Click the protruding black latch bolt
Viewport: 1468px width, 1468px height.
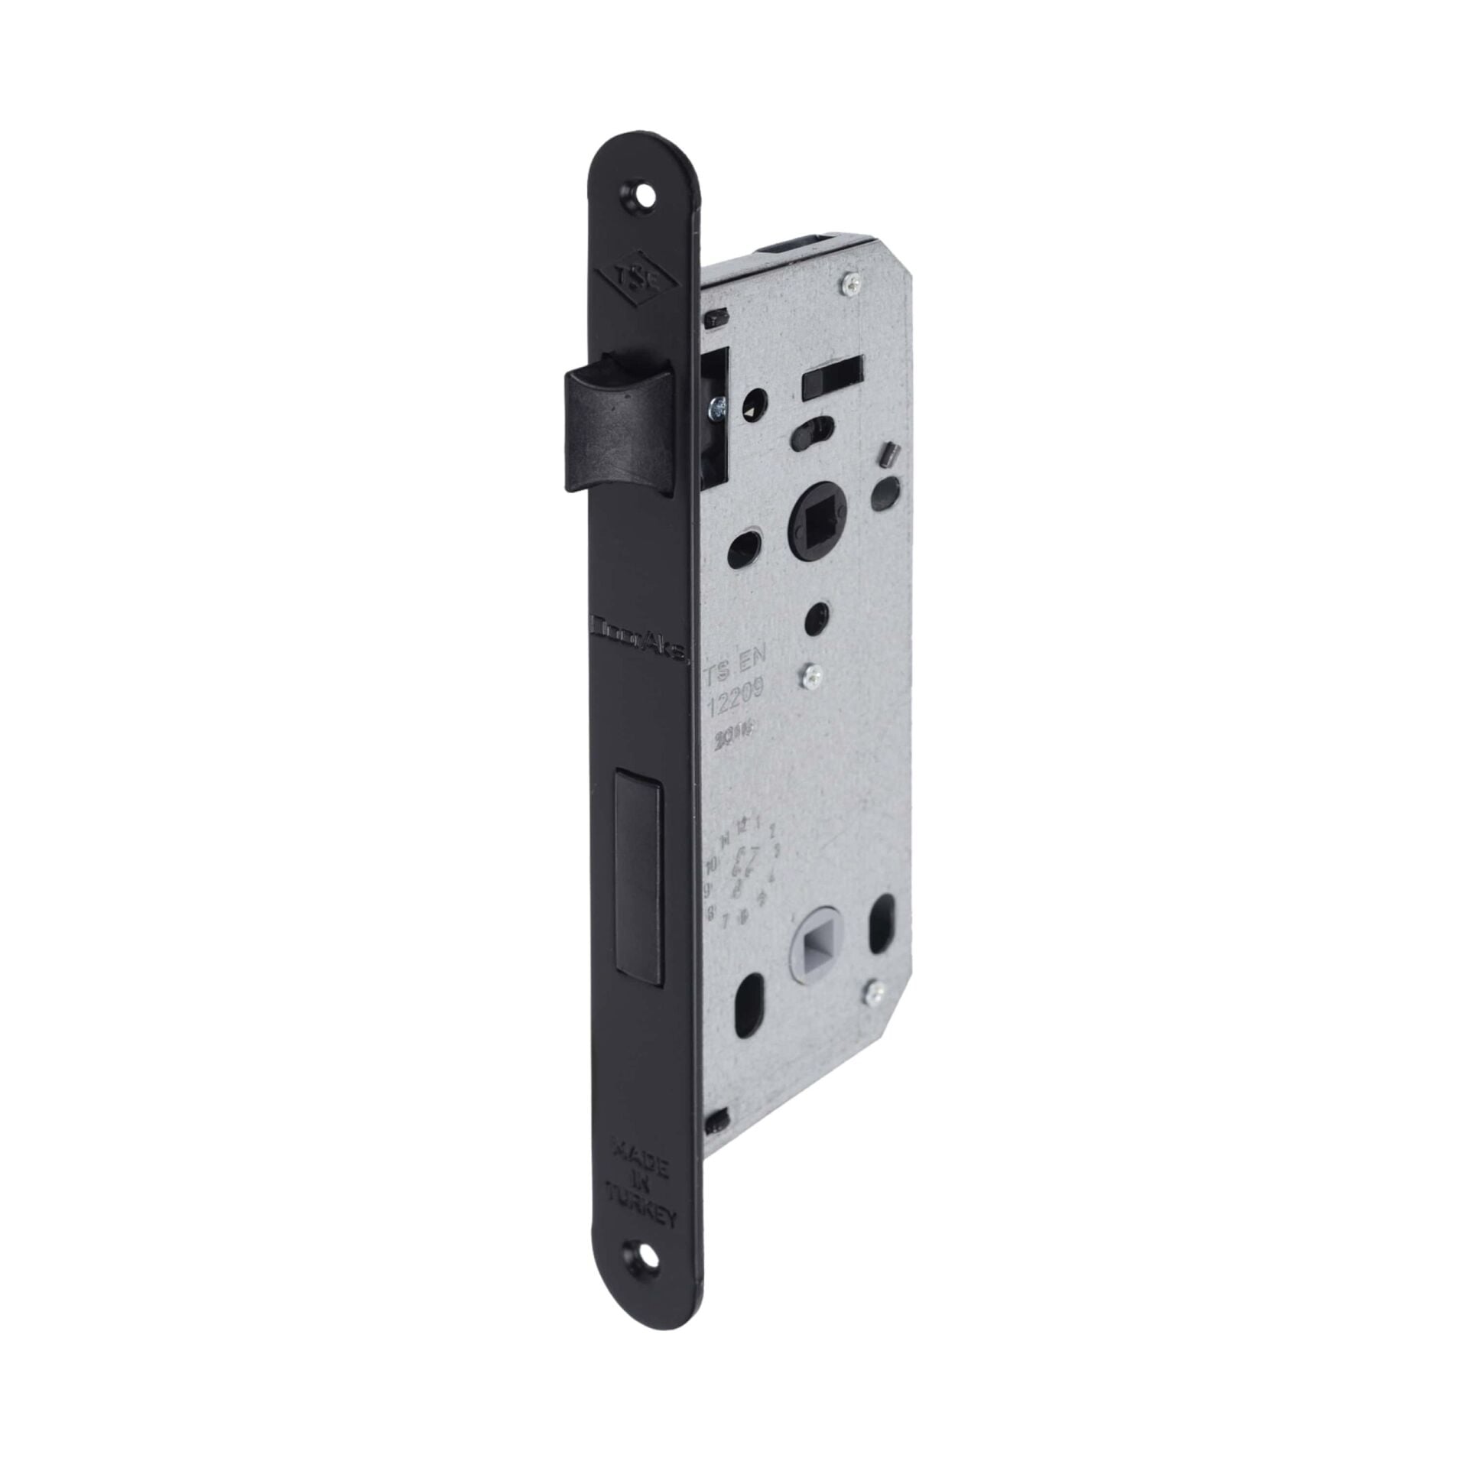tap(621, 429)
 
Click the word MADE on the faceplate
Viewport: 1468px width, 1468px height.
tap(641, 1128)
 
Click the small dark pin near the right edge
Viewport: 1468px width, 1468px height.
tap(889, 451)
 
